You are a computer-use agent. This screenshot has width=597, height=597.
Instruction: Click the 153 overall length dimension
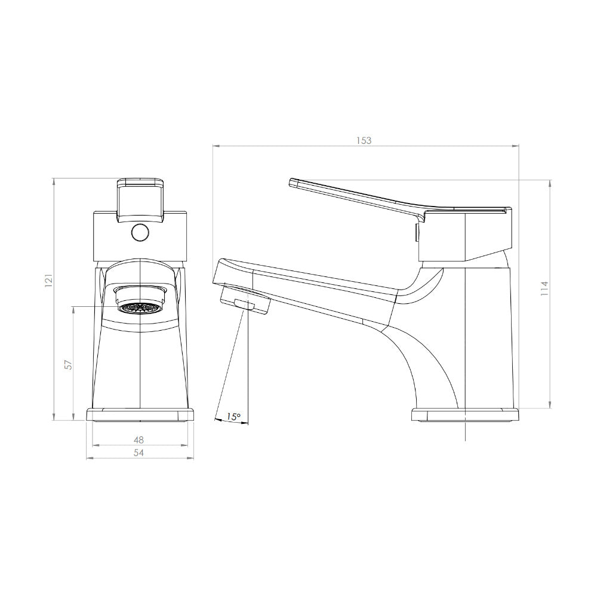click(364, 140)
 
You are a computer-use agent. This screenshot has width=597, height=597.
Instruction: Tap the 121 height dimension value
click(49, 281)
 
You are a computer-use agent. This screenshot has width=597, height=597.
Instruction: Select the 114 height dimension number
click(545, 288)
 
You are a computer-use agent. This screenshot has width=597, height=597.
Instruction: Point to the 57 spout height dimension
click(68, 364)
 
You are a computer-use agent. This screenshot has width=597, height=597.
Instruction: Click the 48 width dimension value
click(139, 440)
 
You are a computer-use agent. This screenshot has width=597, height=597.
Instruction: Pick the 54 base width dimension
click(139, 453)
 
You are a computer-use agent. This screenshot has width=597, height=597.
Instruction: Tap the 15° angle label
click(233, 417)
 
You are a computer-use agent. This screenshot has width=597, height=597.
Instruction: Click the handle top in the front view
click(140, 201)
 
